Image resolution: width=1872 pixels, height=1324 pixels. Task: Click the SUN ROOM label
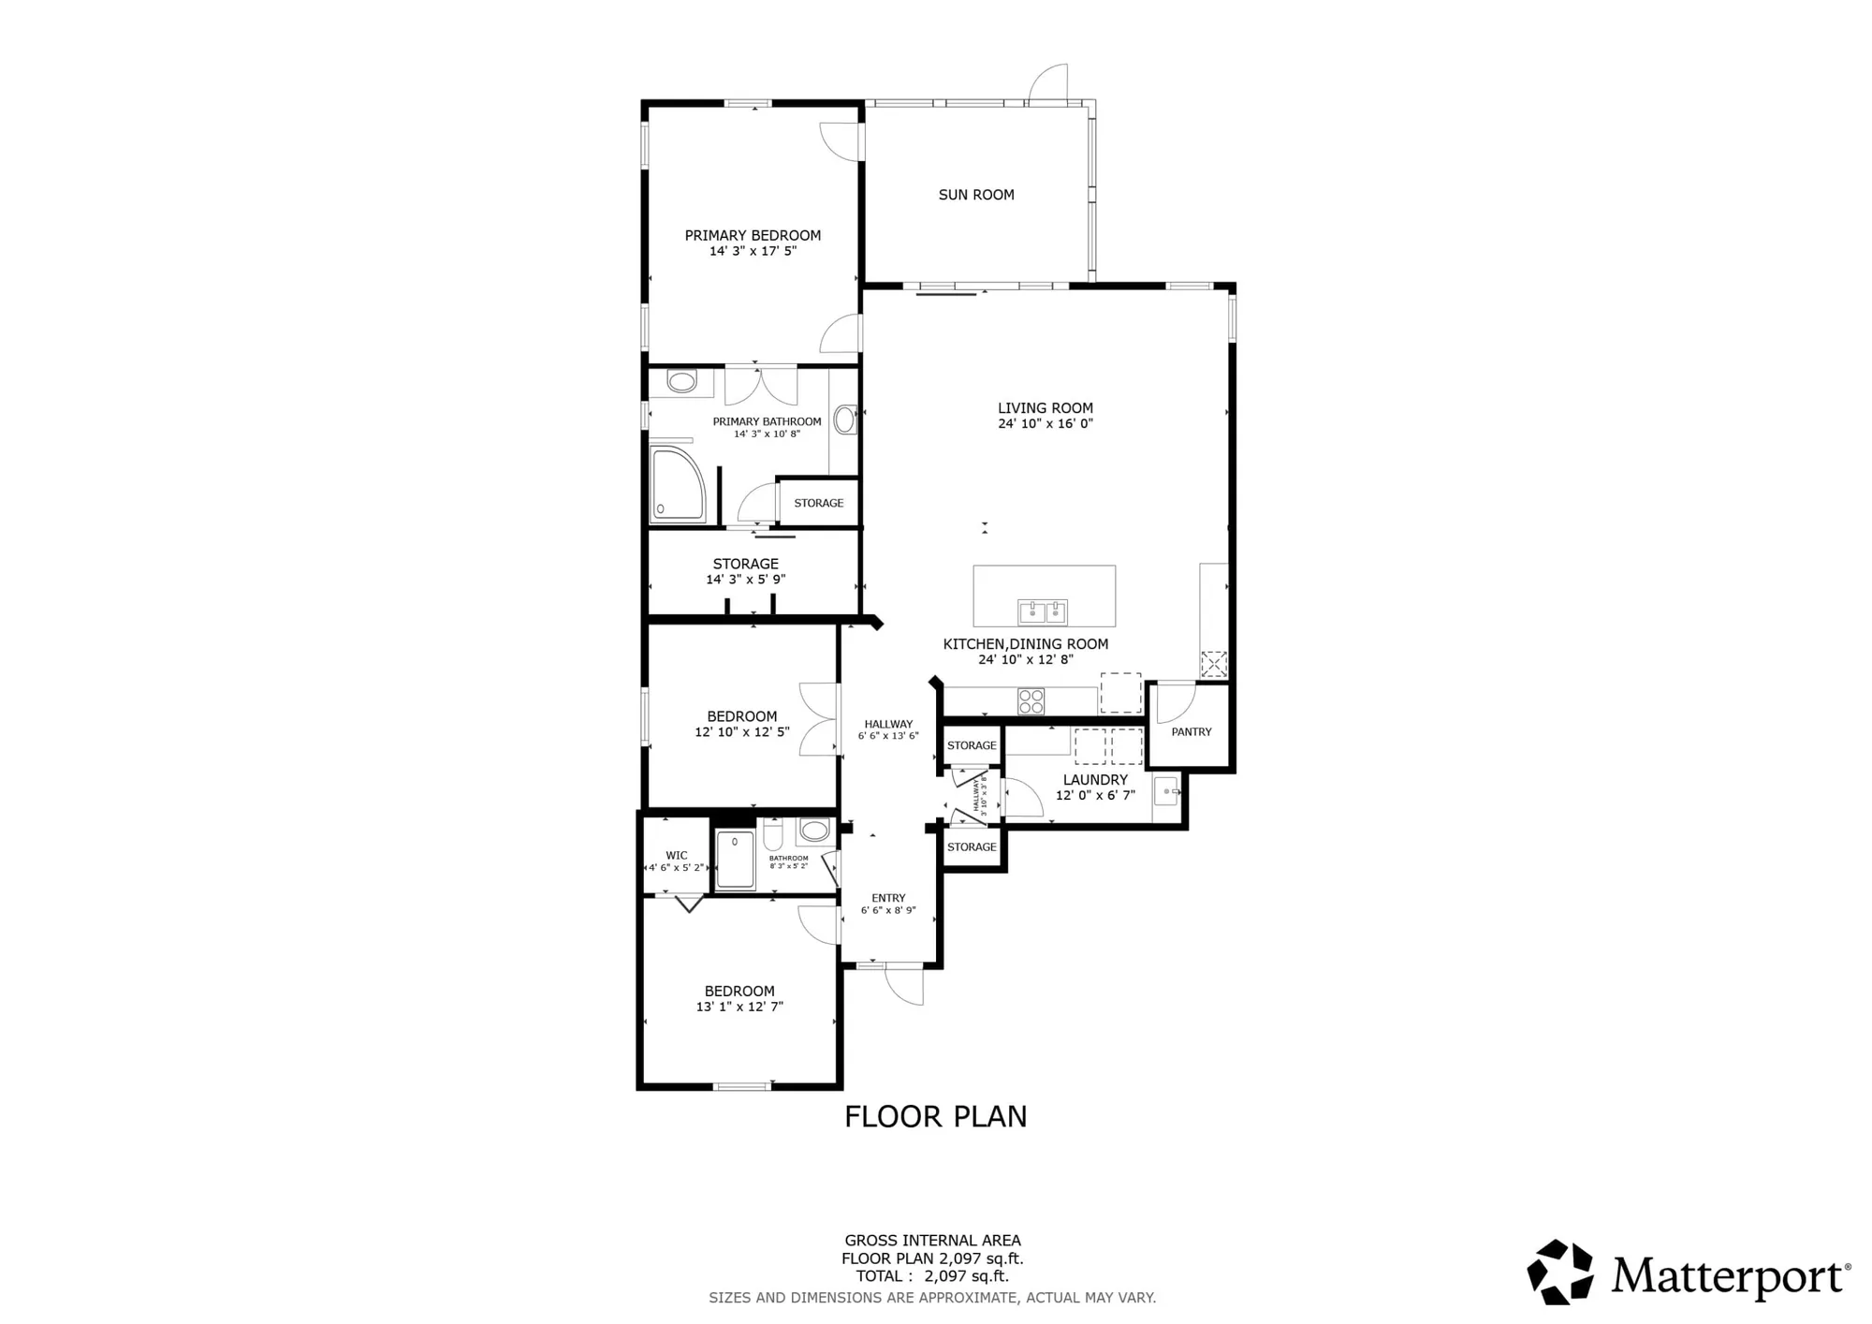[976, 195]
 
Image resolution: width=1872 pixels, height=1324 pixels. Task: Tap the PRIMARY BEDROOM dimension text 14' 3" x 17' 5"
[753, 251]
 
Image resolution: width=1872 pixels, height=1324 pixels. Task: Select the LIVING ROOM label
[1045, 408]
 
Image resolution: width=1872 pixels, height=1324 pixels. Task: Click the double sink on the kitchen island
[1043, 612]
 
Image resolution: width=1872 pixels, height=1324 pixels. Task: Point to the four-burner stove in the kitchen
[1031, 701]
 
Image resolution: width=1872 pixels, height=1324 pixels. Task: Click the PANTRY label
[1192, 732]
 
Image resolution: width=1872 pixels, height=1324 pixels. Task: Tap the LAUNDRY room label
[1095, 780]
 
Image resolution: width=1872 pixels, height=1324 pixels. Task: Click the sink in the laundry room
[1166, 792]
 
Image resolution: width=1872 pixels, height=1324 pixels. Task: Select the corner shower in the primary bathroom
[677, 484]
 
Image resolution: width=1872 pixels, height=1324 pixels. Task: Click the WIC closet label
[677, 855]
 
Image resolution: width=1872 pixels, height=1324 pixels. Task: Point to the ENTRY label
[888, 898]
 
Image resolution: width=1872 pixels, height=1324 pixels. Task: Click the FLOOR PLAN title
[935, 1116]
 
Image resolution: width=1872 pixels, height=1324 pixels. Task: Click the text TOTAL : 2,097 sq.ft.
[932, 1276]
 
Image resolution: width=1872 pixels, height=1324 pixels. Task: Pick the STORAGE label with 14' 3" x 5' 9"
[745, 564]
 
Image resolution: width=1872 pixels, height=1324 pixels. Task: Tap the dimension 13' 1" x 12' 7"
[739, 1007]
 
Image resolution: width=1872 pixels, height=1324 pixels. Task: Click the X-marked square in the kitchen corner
[1214, 664]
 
